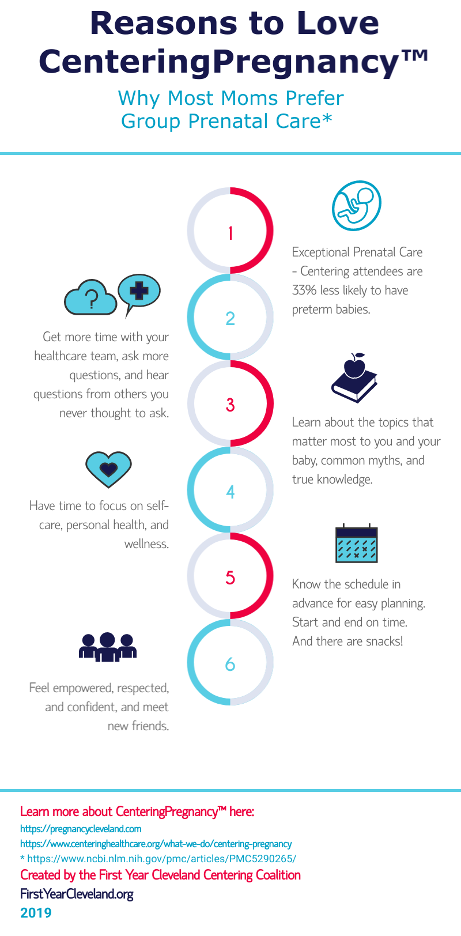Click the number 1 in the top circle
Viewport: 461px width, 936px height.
coord(231,233)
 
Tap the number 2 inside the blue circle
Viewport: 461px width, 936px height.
coord(231,318)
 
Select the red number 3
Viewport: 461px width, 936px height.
coord(231,405)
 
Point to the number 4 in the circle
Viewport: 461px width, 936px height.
coord(231,492)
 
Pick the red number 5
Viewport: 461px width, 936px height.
coord(231,578)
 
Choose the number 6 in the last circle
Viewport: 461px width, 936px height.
coord(231,665)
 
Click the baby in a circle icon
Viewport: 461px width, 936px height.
coord(357,206)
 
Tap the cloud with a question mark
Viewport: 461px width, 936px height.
coord(90,297)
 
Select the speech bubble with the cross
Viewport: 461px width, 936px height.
coord(138,290)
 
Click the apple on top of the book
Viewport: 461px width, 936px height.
coord(355,365)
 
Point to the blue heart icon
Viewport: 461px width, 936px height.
coord(108,469)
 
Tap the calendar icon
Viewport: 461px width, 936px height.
coord(357,544)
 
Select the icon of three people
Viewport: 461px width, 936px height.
coord(108,647)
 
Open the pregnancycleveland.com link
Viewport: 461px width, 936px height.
coord(81,829)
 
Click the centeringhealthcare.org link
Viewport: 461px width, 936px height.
coord(156,844)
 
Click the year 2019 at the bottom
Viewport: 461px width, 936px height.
coord(36,913)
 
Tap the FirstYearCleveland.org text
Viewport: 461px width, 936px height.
coord(77,894)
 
